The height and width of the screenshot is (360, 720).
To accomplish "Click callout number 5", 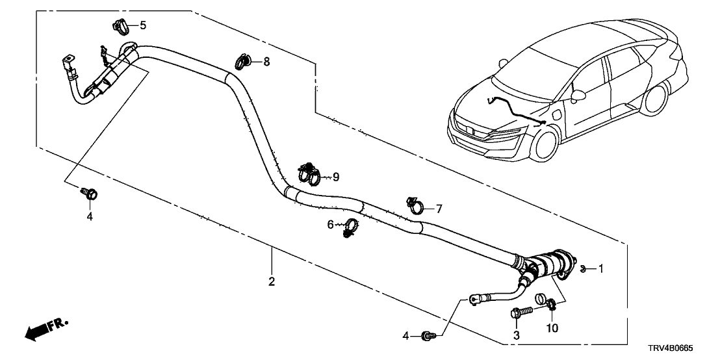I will point(143,26).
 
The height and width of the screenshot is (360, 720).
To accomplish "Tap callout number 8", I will point(266,62).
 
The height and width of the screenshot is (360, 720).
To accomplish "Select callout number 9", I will point(336,177).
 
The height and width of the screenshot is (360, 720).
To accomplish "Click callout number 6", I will point(330,224).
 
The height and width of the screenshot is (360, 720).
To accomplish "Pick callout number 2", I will point(272,281).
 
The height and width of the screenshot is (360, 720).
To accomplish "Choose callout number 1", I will point(601,268).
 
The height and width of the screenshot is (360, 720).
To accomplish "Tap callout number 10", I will point(552,329).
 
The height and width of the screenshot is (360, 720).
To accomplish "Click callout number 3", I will point(517,335).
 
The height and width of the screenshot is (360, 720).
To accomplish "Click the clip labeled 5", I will point(119,27).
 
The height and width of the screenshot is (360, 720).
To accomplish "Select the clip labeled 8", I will point(242,62).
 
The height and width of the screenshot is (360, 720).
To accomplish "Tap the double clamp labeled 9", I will point(309,174).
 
